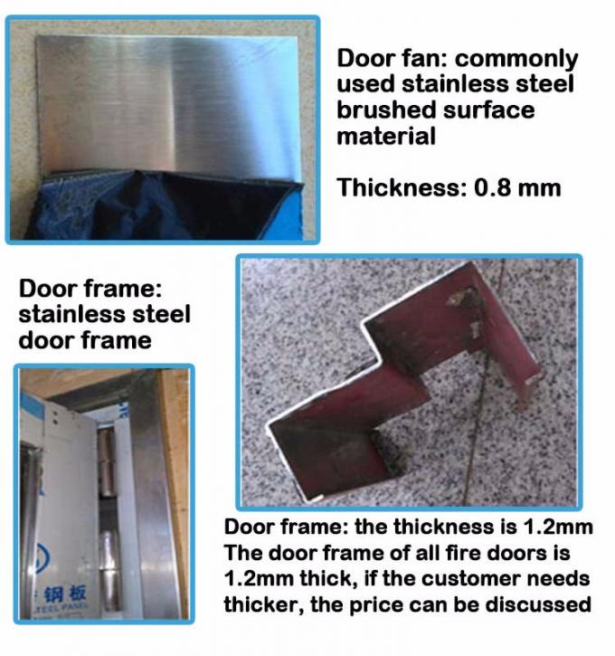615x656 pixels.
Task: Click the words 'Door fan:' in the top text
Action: pos(391,59)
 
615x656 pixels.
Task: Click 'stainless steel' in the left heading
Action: pos(105,315)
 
